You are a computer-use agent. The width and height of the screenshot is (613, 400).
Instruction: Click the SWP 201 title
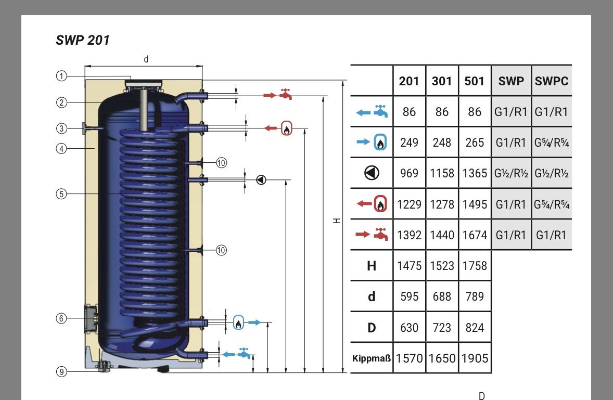(x=83, y=40)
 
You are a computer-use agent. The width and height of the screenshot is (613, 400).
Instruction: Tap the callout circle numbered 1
(x=61, y=76)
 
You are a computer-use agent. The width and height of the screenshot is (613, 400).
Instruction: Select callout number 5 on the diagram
(x=61, y=194)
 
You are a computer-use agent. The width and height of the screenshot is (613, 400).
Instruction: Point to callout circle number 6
(x=61, y=318)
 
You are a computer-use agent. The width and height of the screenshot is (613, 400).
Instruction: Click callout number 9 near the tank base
(x=61, y=371)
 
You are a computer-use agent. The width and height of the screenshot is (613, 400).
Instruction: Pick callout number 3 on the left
(x=61, y=128)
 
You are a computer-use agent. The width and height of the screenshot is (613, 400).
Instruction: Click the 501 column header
(x=475, y=81)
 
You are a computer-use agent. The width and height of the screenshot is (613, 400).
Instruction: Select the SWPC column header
(x=552, y=81)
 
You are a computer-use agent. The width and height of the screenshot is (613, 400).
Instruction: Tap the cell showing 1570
(x=409, y=358)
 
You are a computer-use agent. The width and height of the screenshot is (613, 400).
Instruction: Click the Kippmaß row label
(x=372, y=358)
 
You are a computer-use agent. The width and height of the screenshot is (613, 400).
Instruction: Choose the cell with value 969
(x=409, y=173)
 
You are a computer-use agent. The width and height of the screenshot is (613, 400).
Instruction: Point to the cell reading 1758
(x=475, y=266)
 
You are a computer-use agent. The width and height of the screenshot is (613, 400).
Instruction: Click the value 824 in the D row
(x=475, y=328)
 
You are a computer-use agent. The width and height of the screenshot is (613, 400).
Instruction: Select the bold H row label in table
(x=372, y=266)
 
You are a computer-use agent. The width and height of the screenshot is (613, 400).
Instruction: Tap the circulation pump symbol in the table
(x=372, y=173)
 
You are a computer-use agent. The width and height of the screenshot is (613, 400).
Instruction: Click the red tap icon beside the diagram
(x=285, y=95)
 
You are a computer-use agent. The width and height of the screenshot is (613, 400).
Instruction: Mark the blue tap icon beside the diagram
(x=244, y=353)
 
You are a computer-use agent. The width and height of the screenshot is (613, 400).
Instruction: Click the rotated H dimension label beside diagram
(x=337, y=221)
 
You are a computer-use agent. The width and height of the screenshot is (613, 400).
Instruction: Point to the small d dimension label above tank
(x=146, y=59)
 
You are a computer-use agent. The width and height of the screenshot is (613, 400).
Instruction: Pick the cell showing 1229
(x=409, y=204)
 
